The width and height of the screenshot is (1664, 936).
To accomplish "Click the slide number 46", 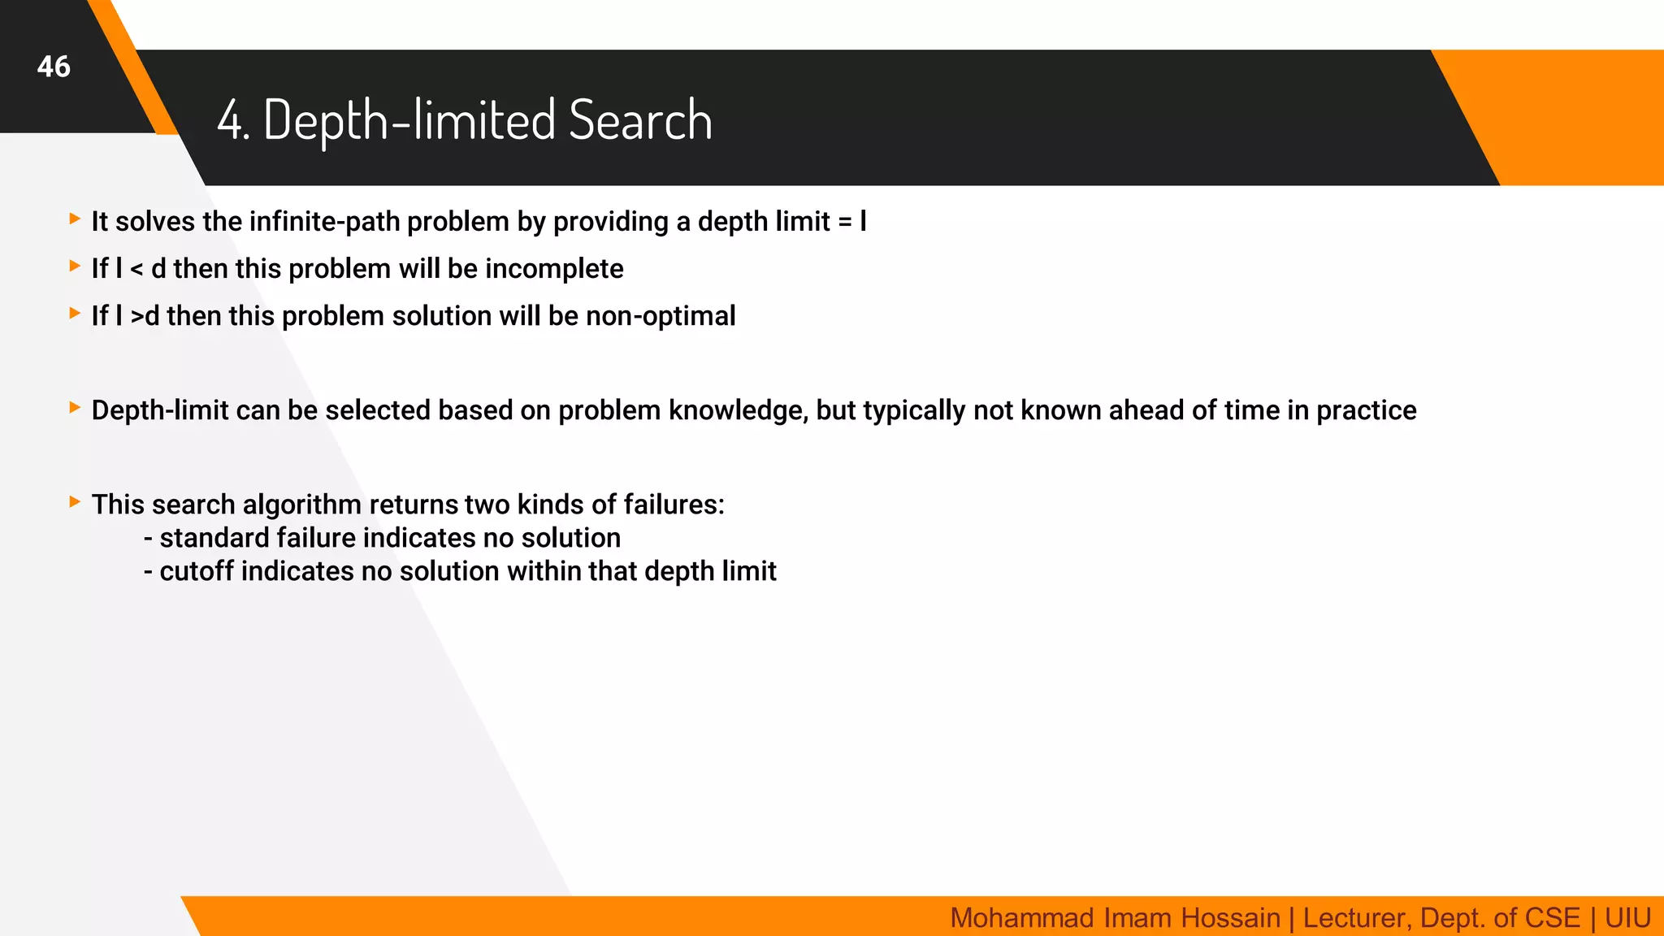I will [54, 67].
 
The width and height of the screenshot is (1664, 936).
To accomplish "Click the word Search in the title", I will [640, 120].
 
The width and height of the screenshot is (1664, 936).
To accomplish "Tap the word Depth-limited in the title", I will [409, 120].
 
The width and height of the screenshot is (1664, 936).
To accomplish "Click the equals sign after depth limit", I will [845, 222].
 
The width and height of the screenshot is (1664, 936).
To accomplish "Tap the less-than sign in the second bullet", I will [136, 270].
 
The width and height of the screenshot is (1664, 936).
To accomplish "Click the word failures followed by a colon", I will [674, 505].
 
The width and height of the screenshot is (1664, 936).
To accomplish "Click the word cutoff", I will [196, 571].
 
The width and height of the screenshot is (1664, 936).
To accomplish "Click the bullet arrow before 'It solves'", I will [75, 219].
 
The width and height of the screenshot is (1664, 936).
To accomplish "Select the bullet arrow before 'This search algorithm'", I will [75, 502].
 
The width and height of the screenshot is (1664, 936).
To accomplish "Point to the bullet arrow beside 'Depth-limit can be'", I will [75, 408].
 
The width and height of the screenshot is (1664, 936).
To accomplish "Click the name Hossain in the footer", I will [1230, 918].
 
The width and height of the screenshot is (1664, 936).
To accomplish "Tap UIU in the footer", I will [1627, 918].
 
